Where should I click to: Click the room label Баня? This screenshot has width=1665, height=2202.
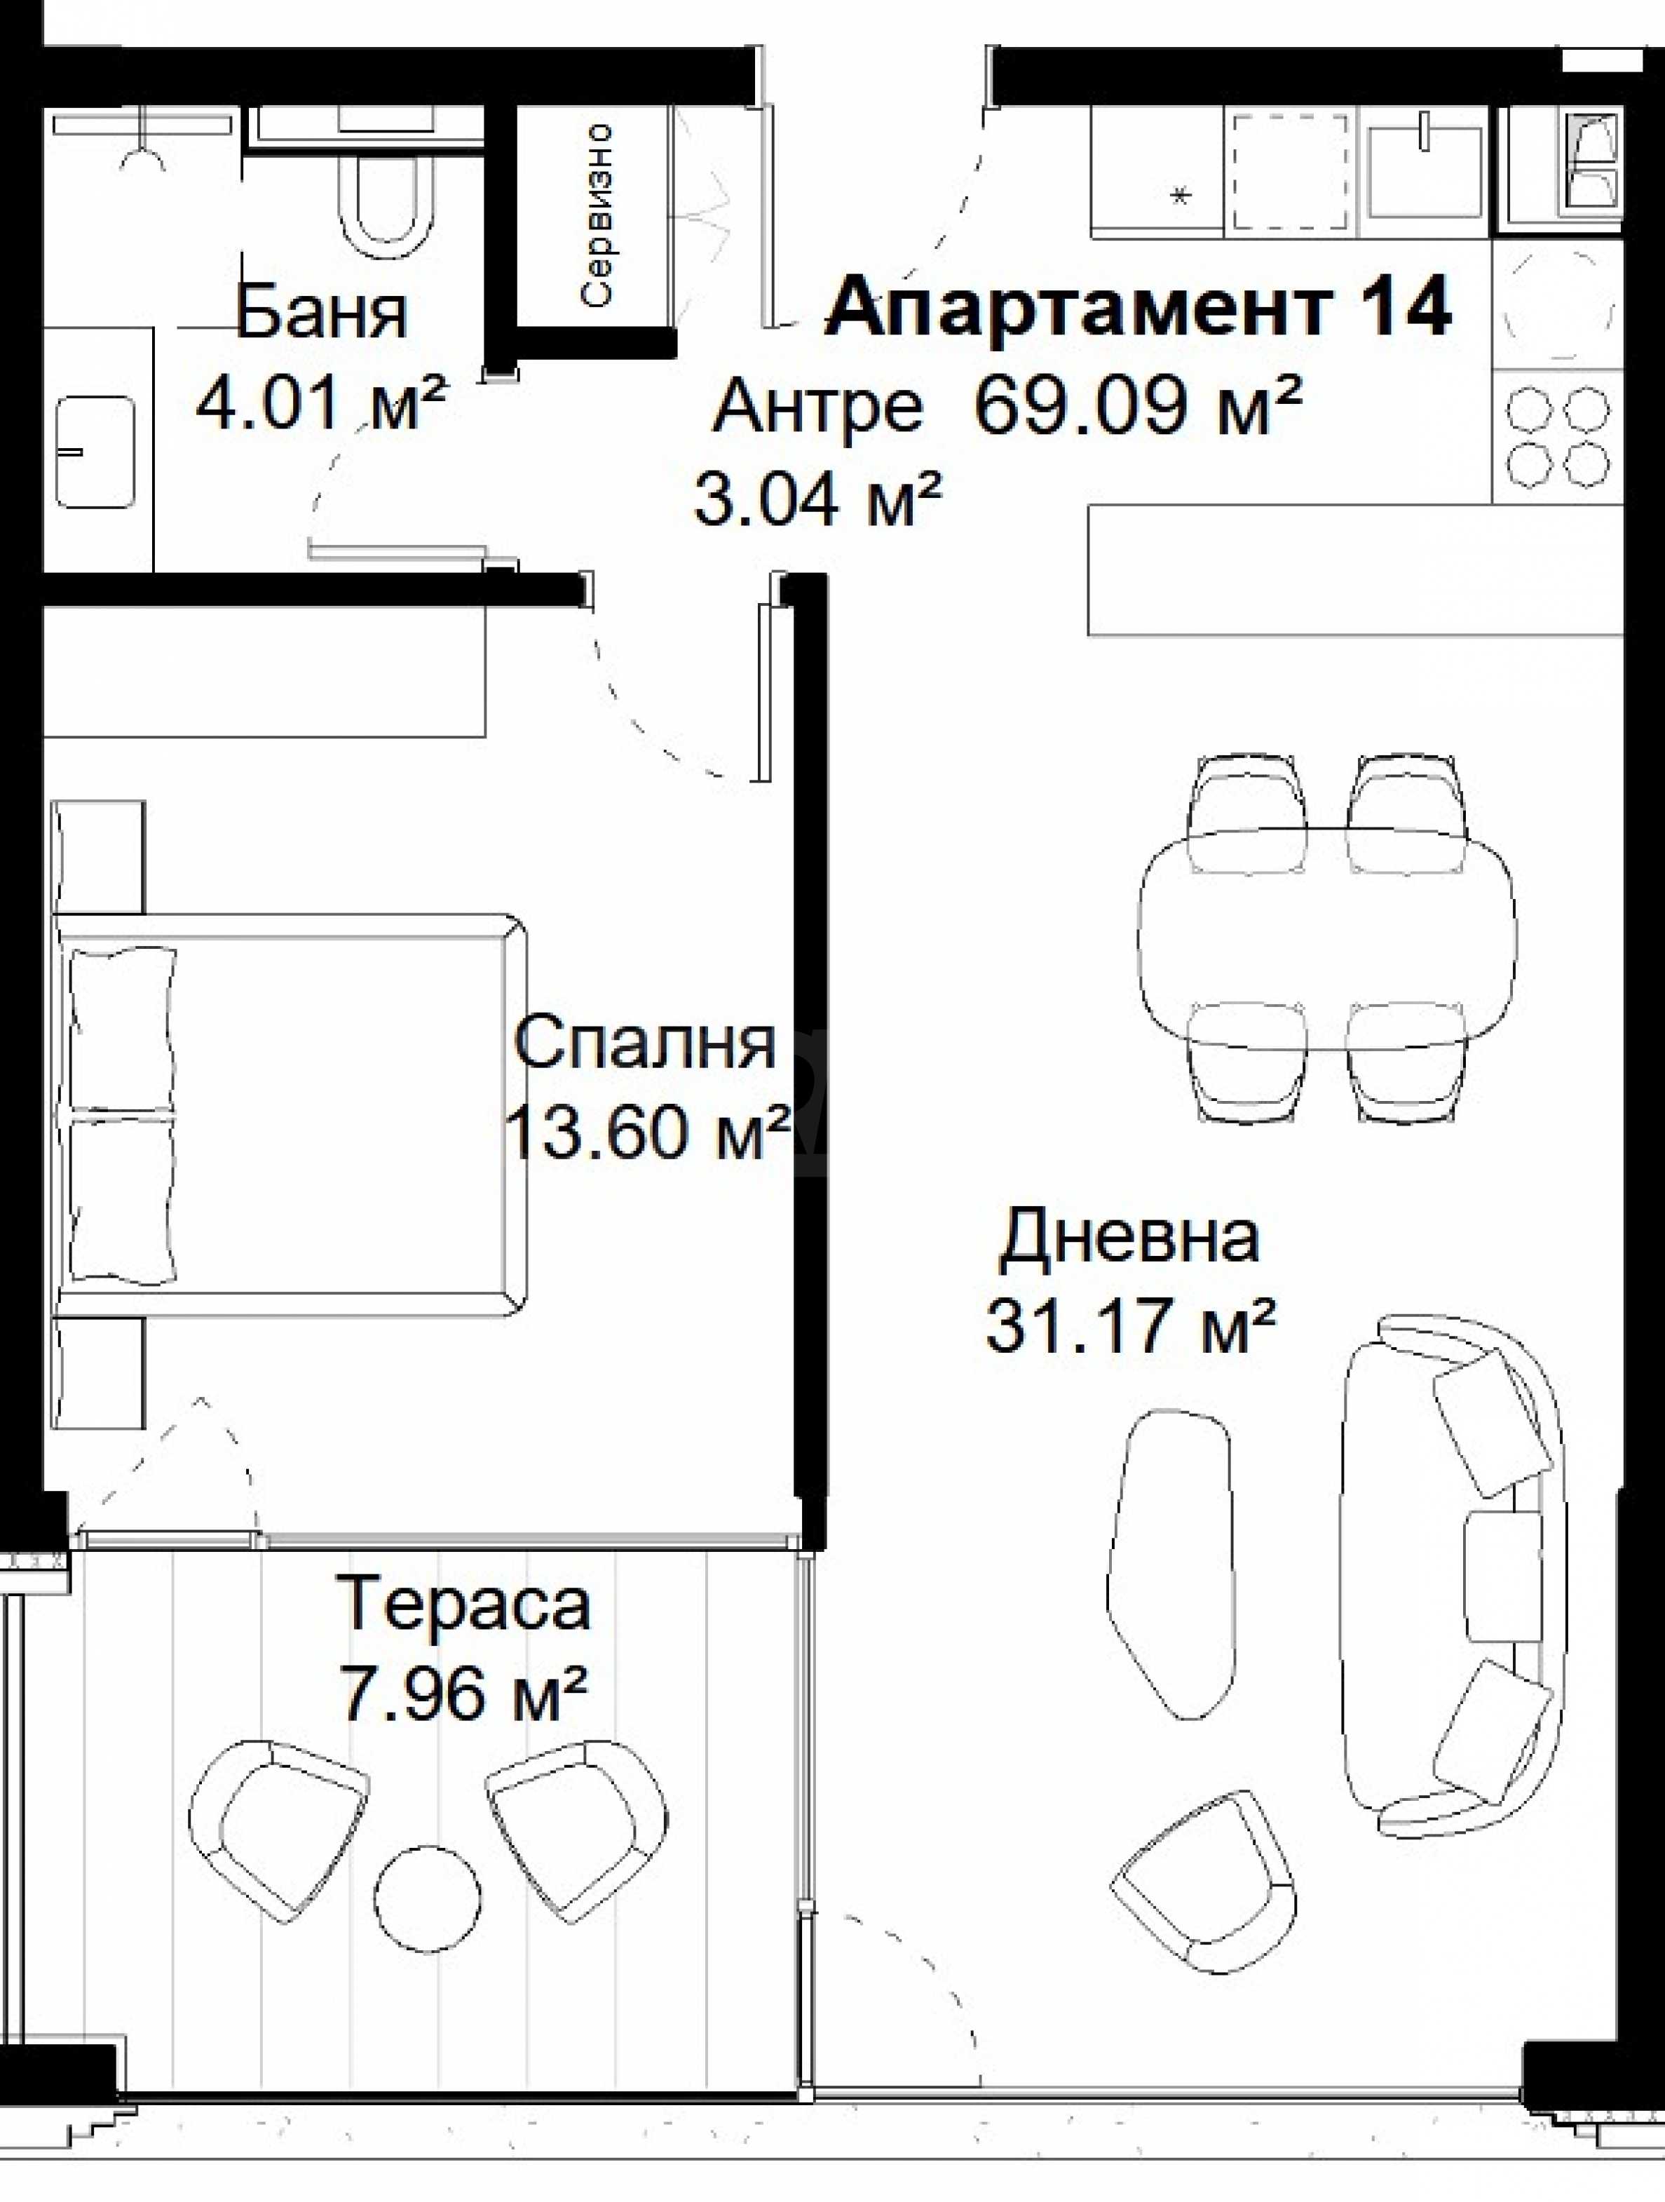pos(322,313)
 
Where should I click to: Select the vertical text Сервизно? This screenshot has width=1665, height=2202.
pos(597,213)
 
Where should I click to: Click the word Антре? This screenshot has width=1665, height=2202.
pos(817,407)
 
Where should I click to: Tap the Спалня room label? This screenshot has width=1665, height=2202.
pos(645,1043)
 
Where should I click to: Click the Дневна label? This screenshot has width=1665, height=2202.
pos(1129,1237)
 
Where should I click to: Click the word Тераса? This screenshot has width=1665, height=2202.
pos(464,1604)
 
